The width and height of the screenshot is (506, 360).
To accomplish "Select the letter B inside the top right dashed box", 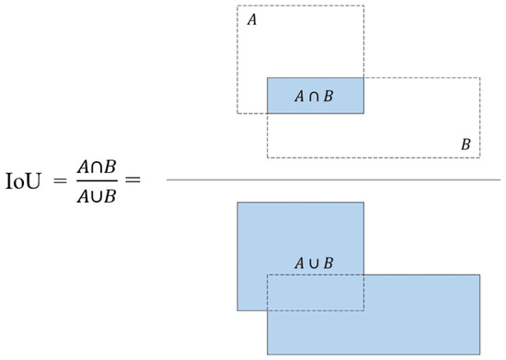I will (466, 145).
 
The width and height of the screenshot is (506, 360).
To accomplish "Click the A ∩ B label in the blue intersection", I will (316, 96).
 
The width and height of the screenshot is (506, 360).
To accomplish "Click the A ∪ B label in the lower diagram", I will (314, 263).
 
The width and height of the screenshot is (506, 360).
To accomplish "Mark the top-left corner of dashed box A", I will (238, 6).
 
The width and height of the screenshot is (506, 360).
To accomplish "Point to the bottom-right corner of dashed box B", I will (480, 157).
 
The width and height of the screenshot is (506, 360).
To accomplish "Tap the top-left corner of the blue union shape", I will (238, 202).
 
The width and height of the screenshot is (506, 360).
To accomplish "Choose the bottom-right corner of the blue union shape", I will (480, 354).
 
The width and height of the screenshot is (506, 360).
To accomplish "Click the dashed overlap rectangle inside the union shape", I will (316, 292).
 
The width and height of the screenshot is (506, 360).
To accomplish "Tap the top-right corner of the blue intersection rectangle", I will (364, 78).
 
